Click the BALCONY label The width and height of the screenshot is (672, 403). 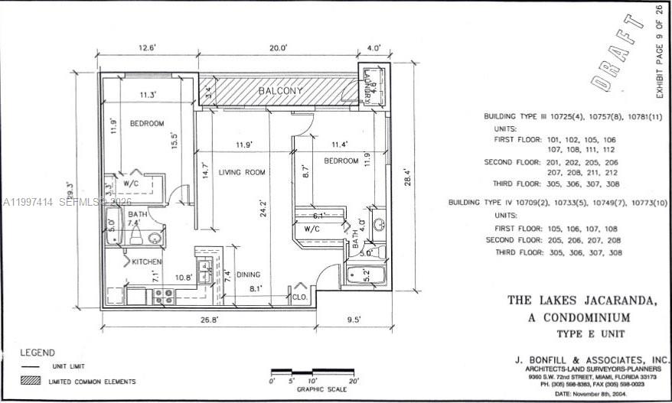tap(280, 90)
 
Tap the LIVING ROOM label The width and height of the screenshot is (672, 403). tap(242, 173)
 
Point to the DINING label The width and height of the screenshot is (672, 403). tap(248, 275)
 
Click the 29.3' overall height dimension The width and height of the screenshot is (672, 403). tap(71, 190)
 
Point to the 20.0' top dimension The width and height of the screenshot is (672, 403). tap(278, 47)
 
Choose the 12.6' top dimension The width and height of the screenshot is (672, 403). tap(147, 47)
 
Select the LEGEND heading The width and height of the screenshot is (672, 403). tap(38, 353)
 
